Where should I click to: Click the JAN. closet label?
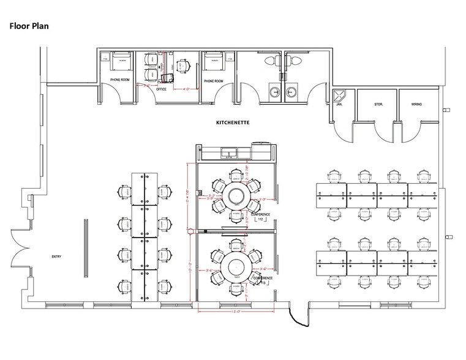(x=339, y=105)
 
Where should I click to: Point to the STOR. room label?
(x=378, y=105)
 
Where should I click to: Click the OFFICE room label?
(x=161, y=89)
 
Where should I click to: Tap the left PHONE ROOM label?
(x=119, y=81)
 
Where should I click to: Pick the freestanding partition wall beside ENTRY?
(x=85, y=242)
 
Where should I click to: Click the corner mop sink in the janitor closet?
(x=339, y=95)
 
